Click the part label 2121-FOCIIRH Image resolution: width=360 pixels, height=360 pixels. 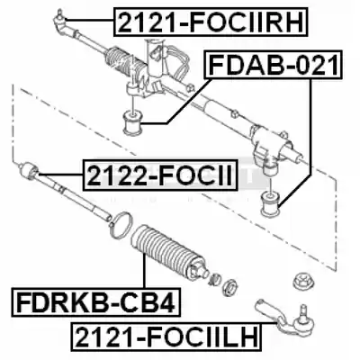[x=211, y=22]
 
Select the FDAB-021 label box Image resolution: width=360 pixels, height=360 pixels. [x=273, y=65]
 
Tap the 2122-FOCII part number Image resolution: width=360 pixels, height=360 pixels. [x=160, y=175]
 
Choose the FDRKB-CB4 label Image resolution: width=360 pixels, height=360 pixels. [x=96, y=302]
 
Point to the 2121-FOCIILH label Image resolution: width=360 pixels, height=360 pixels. [x=166, y=337]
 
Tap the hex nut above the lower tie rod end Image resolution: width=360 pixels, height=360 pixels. [x=301, y=282]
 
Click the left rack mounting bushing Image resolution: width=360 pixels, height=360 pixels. [x=133, y=122]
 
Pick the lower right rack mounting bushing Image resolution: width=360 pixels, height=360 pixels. [x=270, y=205]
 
